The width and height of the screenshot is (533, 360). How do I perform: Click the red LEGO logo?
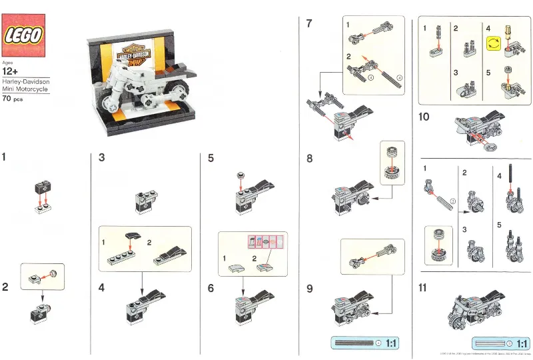click(25, 35)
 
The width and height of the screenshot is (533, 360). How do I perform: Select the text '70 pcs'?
click(13, 99)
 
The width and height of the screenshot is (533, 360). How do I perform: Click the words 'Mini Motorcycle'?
click(24, 88)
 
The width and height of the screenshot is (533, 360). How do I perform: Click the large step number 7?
click(309, 24)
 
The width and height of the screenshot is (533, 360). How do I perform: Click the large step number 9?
click(309, 288)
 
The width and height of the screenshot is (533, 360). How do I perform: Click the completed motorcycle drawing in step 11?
click(476, 307)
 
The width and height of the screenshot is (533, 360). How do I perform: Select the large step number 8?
click(309, 159)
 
